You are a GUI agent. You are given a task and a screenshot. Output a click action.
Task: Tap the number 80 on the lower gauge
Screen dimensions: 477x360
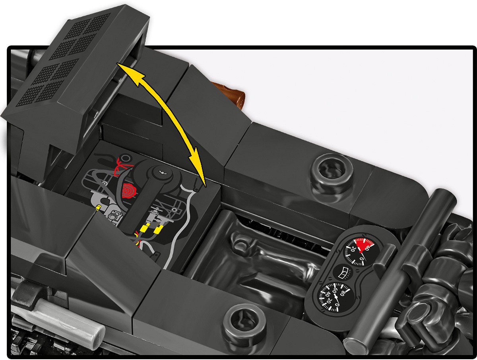tap(344, 293)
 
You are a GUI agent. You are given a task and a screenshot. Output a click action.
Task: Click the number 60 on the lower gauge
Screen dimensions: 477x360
tap(335, 290)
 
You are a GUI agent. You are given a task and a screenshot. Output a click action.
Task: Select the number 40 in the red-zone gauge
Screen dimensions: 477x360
tap(368, 248)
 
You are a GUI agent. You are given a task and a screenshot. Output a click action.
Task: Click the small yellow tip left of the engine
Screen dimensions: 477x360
tap(98, 208)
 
